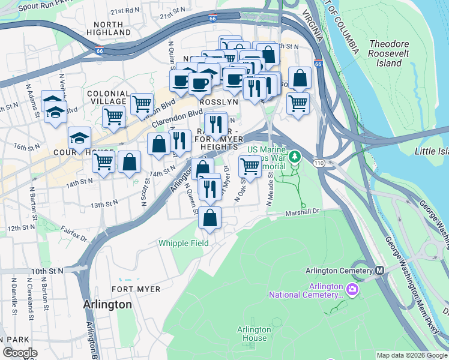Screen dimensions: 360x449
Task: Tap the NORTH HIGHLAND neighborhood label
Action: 109,28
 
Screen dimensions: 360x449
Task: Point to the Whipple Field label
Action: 184,243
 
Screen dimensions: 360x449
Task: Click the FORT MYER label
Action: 136,289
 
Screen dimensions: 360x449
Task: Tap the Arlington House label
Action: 254,334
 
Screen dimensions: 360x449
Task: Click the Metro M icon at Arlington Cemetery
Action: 379,271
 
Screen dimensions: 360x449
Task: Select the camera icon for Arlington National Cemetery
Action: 352,290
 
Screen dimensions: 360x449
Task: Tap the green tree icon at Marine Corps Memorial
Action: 294,157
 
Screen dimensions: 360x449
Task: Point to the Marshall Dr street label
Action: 304,211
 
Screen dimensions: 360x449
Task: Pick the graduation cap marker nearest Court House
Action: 79,139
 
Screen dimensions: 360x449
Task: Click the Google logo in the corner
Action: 20,353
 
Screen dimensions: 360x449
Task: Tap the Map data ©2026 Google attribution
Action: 411,355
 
